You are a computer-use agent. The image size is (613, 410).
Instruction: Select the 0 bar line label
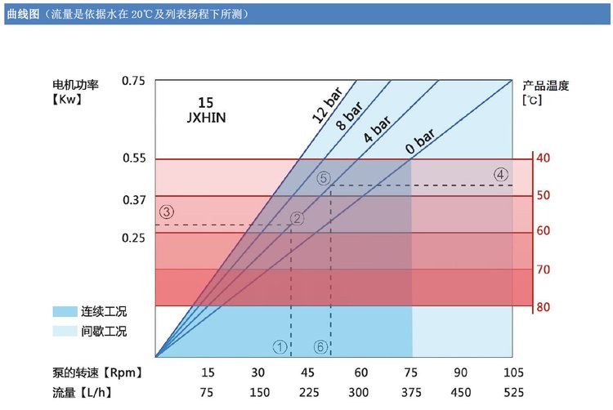[x=419, y=140]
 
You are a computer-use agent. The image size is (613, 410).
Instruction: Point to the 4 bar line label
[x=377, y=128]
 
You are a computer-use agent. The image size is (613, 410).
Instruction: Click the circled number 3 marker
[x=167, y=212]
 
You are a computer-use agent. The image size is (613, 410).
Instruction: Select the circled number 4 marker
[x=501, y=174]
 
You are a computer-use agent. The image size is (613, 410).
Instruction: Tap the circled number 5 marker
[x=323, y=178]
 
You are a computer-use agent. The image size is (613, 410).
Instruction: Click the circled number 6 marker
[x=320, y=347]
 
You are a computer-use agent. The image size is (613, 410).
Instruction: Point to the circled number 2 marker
[x=298, y=218]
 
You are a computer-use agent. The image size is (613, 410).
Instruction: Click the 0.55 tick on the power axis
[x=133, y=158]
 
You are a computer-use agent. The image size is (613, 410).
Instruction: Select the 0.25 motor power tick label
[x=133, y=237]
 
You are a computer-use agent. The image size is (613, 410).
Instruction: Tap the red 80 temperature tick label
[x=544, y=307]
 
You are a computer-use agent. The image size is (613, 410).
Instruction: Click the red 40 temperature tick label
[x=544, y=158]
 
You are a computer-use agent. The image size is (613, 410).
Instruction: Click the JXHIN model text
[x=205, y=117]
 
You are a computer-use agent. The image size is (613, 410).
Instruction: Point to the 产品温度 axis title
[x=545, y=85]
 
